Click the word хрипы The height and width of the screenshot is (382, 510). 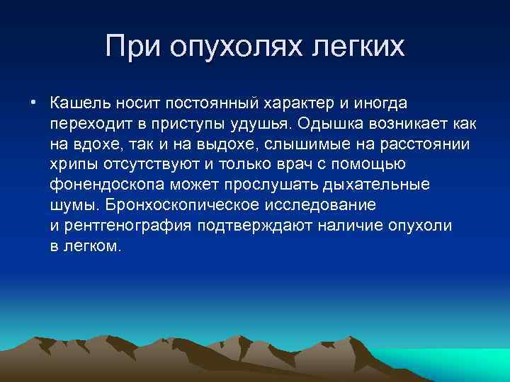(x=72, y=165)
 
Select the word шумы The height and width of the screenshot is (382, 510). (x=73, y=206)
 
